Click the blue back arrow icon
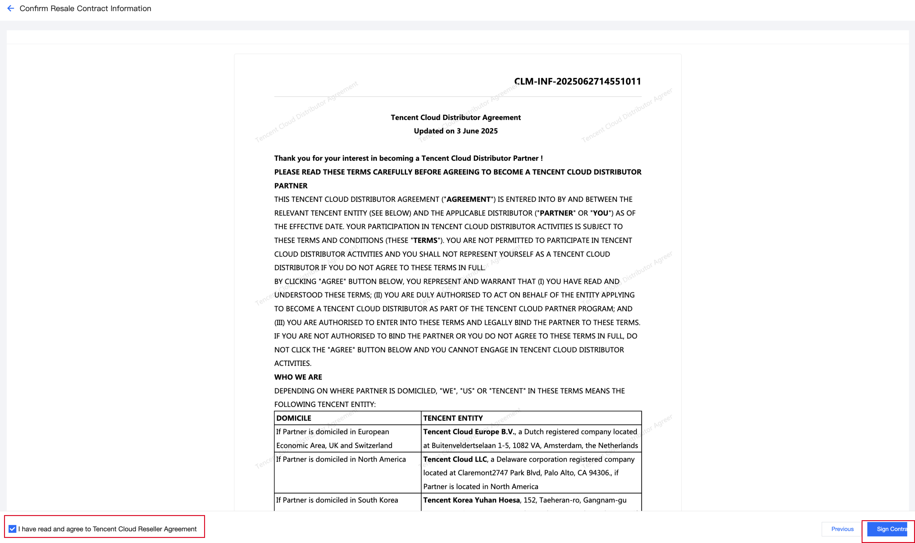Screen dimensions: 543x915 (x=11, y=8)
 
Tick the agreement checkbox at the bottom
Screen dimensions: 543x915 (x=12, y=529)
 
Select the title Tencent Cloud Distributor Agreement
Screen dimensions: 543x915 (x=455, y=117)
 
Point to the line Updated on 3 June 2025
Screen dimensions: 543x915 (x=455, y=131)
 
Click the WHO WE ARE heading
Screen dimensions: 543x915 (x=298, y=377)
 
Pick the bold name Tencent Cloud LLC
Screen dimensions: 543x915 (x=455, y=459)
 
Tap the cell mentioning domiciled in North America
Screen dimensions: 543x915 (x=341, y=459)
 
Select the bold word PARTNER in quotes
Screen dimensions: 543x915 (x=556, y=213)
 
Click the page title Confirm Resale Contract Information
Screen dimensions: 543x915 (x=85, y=8)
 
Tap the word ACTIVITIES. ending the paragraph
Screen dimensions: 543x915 (x=293, y=363)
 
